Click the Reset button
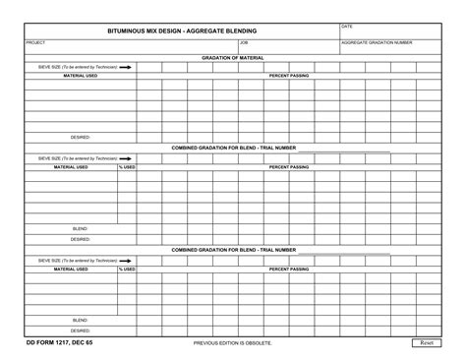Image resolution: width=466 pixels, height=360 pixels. click(428, 342)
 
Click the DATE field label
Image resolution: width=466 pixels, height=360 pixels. click(346, 26)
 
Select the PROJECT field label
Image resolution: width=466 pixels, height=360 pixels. click(35, 43)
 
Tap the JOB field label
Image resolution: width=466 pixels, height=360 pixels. click(243, 43)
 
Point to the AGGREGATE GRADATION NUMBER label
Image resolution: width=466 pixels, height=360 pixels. click(377, 43)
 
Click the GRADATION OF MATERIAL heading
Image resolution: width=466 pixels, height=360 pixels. click(233, 58)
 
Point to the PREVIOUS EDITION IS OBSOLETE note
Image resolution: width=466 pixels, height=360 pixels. click(233, 342)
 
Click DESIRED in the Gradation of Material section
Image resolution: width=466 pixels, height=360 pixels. click(81, 138)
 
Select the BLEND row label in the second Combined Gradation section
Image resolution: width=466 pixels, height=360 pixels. click(81, 320)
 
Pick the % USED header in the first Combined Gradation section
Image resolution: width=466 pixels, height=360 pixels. click(127, 167)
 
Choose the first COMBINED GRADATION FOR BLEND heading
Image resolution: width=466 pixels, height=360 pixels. click(233, 148)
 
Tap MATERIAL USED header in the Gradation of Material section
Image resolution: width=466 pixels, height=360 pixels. click(81, 76)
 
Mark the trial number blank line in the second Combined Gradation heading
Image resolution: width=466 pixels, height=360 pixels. click(343, 252)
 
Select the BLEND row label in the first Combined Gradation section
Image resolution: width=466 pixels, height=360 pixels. click(81, 228)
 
